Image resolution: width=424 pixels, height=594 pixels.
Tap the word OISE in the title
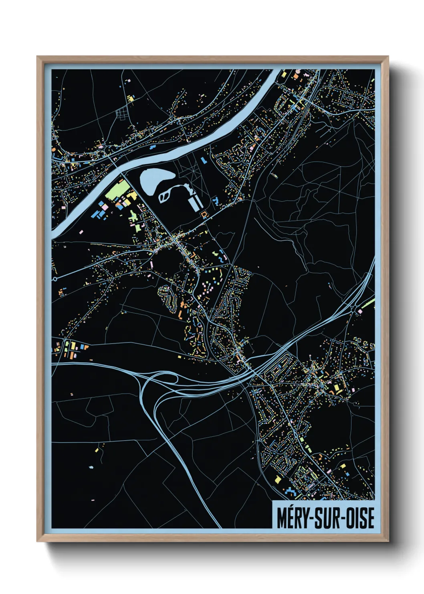pyautogui.click(x=359, y=518)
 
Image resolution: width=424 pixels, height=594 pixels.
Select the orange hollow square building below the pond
pyautogui.click(x=204, y=215)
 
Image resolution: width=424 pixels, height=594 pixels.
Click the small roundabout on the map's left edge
pyautogui.click(x=55, y=278)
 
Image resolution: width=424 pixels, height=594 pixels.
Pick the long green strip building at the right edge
pyautogui.click(x=367, y=305)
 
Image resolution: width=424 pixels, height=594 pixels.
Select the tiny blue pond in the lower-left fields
pyautogui.click(x=91, y=467)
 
